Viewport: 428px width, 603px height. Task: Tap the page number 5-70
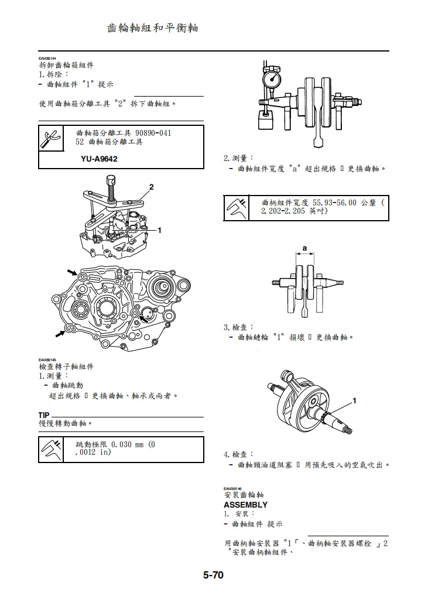point(213,575)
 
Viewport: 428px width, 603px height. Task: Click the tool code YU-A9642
point(100,159)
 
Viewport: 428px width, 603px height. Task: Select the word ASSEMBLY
point(245,505)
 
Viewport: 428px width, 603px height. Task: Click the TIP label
point(45,415)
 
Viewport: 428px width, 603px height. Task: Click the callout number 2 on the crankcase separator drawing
point(151,187)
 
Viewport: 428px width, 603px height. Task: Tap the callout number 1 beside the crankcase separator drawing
point(159,230)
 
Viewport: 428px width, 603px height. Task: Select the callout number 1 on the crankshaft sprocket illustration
point(354,401)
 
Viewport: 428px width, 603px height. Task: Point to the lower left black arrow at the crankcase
point(60,333)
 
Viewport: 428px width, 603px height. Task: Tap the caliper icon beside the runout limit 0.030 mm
point(50,450)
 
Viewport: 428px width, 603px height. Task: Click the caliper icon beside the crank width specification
point(237,206)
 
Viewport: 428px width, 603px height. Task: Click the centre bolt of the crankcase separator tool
point(111,189)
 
